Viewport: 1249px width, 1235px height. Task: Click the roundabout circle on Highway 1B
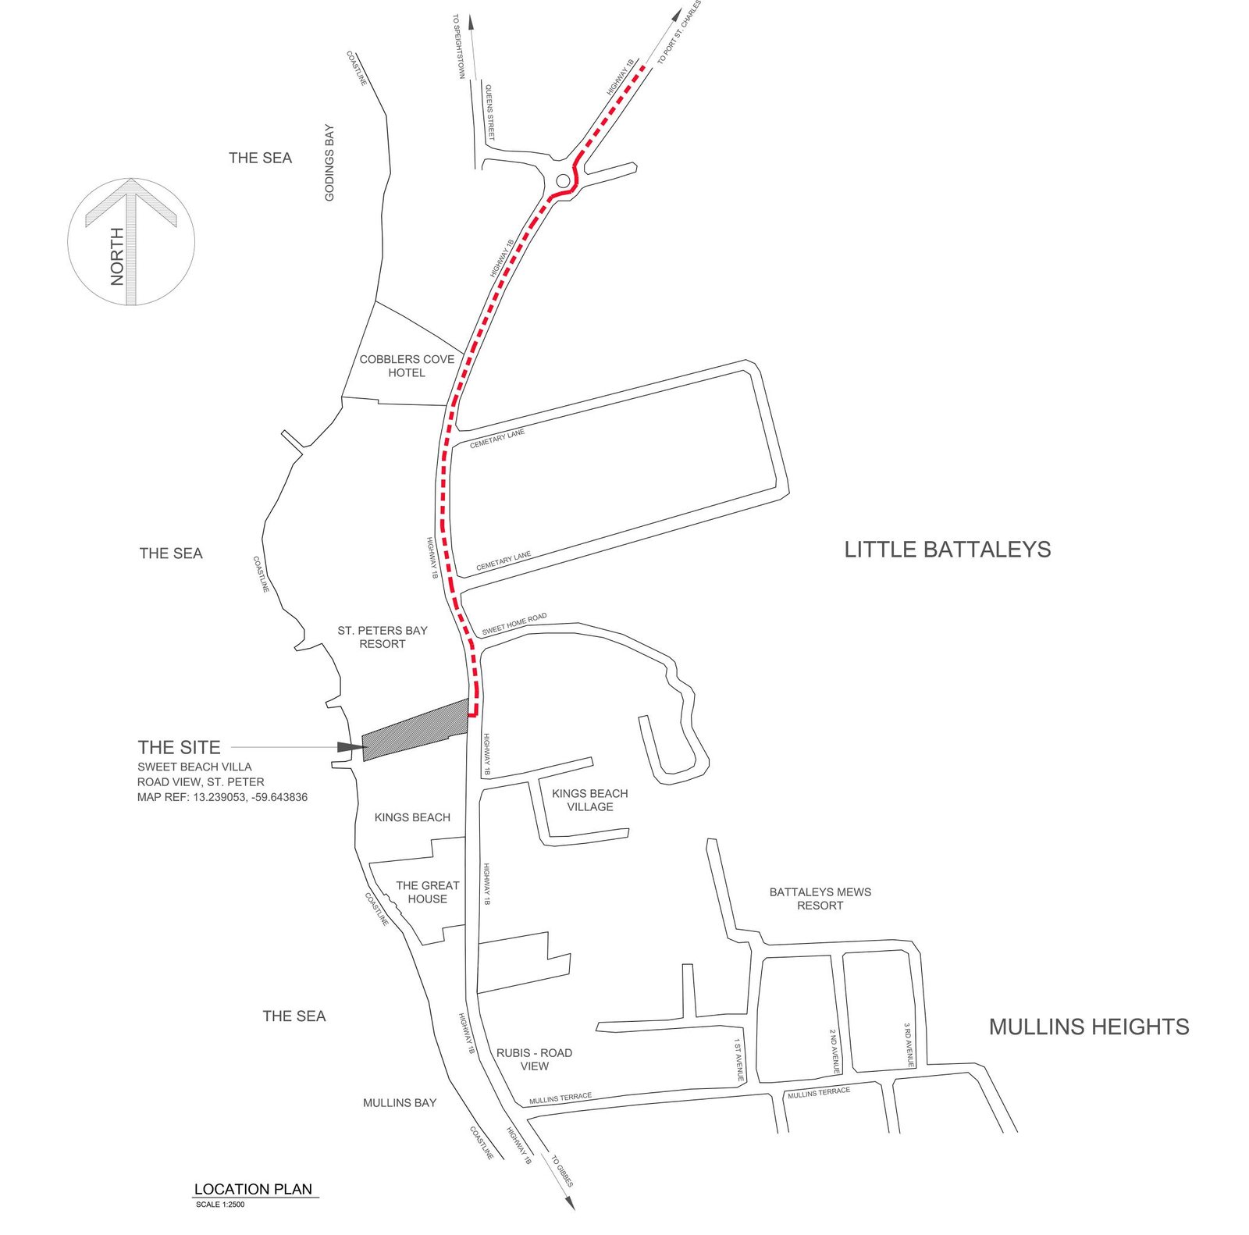pyautogui.click(x=563, y=181)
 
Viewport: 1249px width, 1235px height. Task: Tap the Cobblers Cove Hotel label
pyautogui.click(x=407, y=366)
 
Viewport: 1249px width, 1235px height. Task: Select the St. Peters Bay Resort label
pyautogui.click(x=383, y=637)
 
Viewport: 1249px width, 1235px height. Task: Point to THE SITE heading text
pyautogui.click(x=179, y=747)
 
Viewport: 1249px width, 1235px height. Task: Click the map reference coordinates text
pyautogui.click(x=222, y=797)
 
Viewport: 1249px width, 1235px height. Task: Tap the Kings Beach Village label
pyautogui.click(x=589, y=800)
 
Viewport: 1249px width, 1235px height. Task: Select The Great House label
pyautogui.click(x=427, y=892)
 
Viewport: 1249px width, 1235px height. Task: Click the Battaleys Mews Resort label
pyautogui.click(x=820, y=899)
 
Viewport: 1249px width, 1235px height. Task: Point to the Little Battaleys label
pyautogui.click(x=947, y=550)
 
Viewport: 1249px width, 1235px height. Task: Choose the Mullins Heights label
pyautogui.click(x=1089, y=1027)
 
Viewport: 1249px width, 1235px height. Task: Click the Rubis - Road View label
pyautogui.click(x=534, y=1059)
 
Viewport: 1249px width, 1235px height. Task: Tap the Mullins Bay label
pyautogui.click(x=400, y=1103)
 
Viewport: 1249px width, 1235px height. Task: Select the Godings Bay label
pyautogui.click(x=329, y=162)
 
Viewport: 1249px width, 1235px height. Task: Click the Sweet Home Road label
pyautogui.click(x=514, y=624)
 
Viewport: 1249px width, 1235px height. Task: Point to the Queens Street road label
pyautogui.click(x=490, y=112)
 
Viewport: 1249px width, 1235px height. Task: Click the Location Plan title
pyautogui.click(x=253, y=1189)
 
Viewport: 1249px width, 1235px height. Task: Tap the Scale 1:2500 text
pyautogui.click(x=220, y=1205)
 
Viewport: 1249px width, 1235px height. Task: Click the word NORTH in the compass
pyautogui.click(x=117, y=256)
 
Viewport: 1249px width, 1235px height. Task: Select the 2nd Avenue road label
pyautogui.click(x=834, y=1052)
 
